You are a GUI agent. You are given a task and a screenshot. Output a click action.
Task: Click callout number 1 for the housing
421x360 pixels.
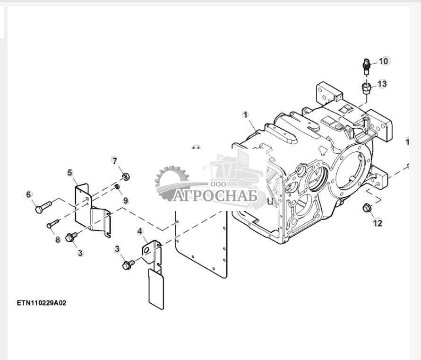[245, 114]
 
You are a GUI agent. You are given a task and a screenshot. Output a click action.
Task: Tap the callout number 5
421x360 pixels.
[70, 173]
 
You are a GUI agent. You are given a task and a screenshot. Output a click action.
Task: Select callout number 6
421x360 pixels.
[28, 194]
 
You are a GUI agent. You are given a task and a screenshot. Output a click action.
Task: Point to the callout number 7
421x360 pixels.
[114, 160]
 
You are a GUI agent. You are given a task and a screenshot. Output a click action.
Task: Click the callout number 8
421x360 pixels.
[58, 240]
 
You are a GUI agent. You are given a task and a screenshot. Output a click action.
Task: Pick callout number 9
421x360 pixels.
[126, 201]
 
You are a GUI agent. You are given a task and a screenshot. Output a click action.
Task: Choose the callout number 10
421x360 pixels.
[383, 61]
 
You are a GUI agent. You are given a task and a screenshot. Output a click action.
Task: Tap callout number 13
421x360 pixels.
[382, 84]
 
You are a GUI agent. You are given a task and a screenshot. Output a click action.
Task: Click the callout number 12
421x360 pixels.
[378, 223]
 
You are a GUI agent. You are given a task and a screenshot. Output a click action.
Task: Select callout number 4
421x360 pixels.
[140, 231]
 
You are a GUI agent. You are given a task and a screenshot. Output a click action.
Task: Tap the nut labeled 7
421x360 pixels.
[125, 177]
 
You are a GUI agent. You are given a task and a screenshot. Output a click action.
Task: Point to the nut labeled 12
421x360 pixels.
[366, 208]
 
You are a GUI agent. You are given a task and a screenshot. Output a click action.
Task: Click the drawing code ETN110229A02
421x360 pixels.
[42, 303]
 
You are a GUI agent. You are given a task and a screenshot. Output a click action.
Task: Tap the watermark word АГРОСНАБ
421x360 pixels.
[215, 195]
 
